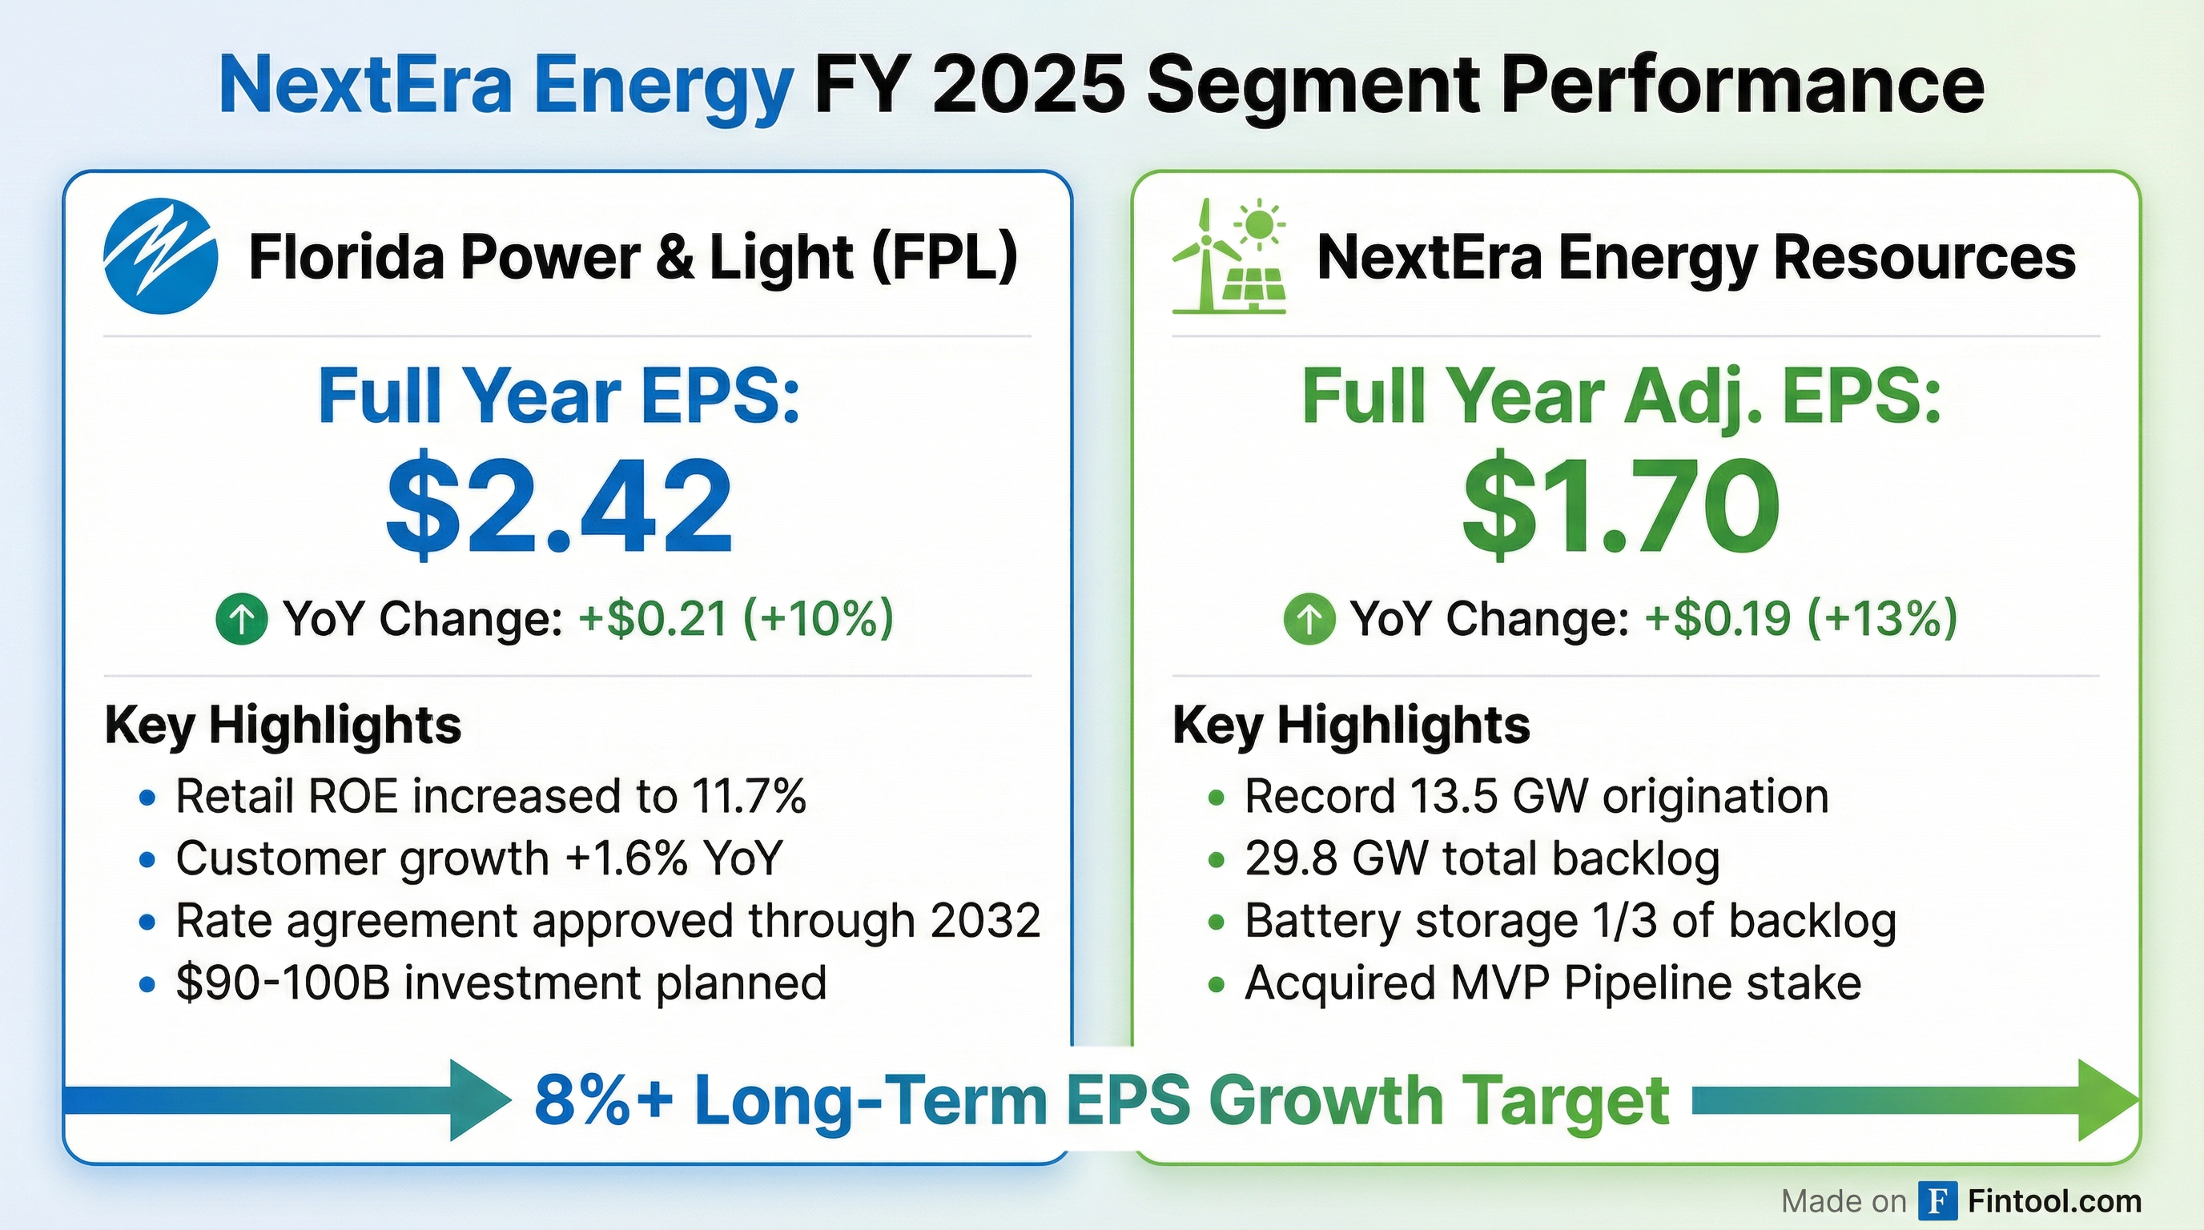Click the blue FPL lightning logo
160,255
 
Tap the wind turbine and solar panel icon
1229,256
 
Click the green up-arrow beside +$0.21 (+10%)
241,618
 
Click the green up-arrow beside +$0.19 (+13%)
1309,618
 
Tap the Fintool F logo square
1938,1201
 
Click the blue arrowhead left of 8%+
479,1100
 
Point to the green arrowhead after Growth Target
2107,1100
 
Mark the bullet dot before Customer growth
147,859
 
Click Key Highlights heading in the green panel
1350,726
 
